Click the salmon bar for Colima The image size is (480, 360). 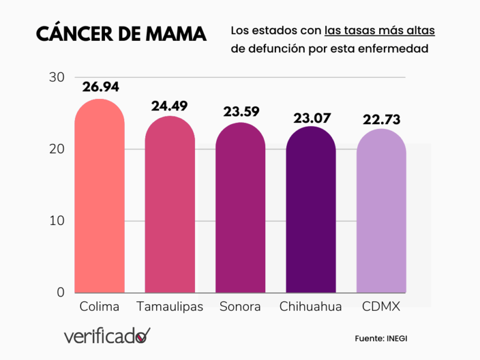pos(100,198)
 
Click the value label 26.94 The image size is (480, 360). pos(101,87)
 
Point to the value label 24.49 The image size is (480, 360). pos(170,106)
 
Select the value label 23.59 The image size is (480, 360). pos(240,113)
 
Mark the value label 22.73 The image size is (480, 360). pos(382,119)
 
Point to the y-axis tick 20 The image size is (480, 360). pos(57,149)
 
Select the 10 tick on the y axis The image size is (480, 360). pos(57,221)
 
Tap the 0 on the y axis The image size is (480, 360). pos(61,292)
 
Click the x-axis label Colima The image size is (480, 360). pos(100,307)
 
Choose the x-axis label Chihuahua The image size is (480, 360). pos(311,307)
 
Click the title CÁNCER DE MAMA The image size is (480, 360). pos(121,34)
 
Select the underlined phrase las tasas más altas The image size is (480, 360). pos(380,31)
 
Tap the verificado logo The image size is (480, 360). pos(107,336)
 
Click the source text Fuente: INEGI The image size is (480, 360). pos(382,339)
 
